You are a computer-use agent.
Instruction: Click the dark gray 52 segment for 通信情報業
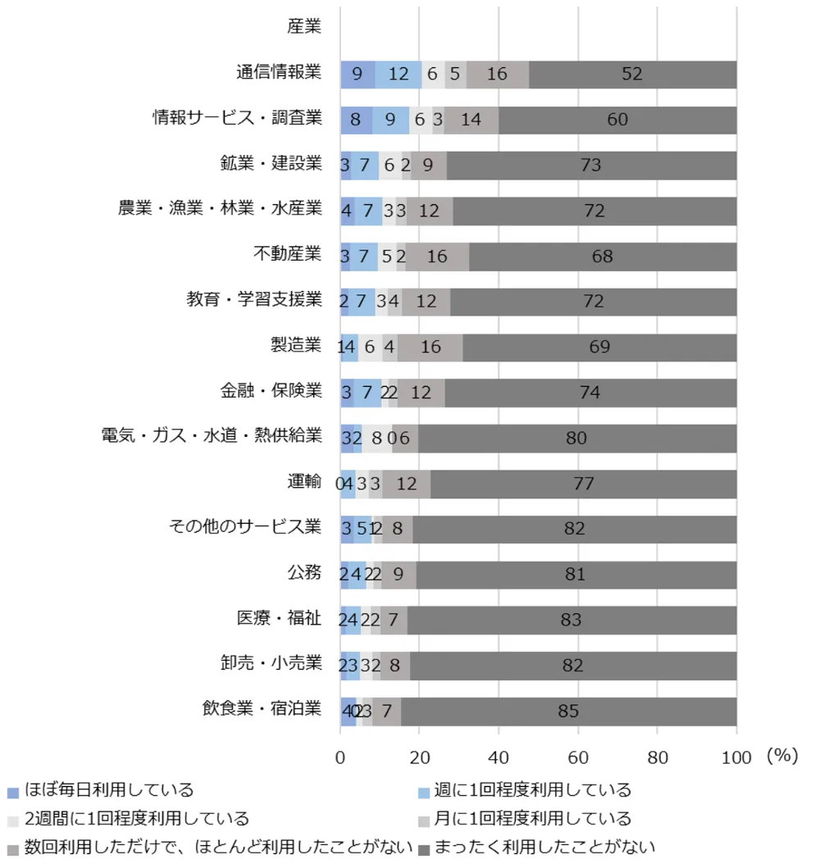[x=632, y=74]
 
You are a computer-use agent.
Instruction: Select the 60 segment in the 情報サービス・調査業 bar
[x=617, y=120]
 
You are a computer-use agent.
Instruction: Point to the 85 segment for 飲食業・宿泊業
[x=568, y=711]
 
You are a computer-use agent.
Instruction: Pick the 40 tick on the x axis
[x=499, y=757]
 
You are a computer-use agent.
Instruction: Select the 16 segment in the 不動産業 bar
[x=437, y=256]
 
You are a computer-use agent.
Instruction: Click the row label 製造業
[x=295, y=345]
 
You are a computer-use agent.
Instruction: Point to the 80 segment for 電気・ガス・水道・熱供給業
[x=576, y=438]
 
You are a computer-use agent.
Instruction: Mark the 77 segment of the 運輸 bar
[x=583, y=484]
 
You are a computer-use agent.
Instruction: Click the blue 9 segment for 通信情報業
[x=358, y=74]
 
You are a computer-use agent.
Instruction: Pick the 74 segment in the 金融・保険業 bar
[x=590, y=393]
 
